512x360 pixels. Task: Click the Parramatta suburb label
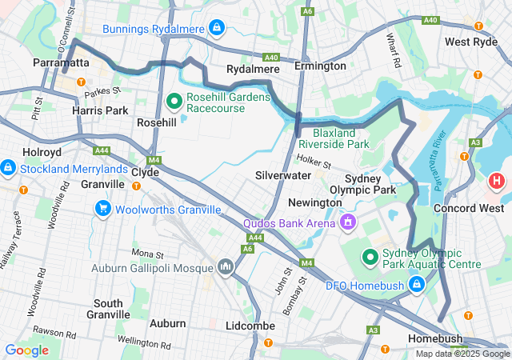(x=61, y=62)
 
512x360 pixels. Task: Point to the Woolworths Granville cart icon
(x=102, y=210)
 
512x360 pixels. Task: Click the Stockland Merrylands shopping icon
(x=8, y=168)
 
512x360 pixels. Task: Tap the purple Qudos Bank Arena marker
(x=348, y=222)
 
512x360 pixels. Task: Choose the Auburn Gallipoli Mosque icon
(x=225, y=267)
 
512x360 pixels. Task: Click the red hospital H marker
(x=496, y=181)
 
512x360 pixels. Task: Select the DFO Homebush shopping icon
(x=416, y=283)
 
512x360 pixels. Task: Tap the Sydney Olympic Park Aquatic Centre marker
(x=370, y=257)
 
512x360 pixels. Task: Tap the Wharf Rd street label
(x=393, y=50)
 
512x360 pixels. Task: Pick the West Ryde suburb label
(x=470, y=42)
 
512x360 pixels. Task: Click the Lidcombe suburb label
(x=250, y=326)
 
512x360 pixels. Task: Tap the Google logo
(x=26, y=350)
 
